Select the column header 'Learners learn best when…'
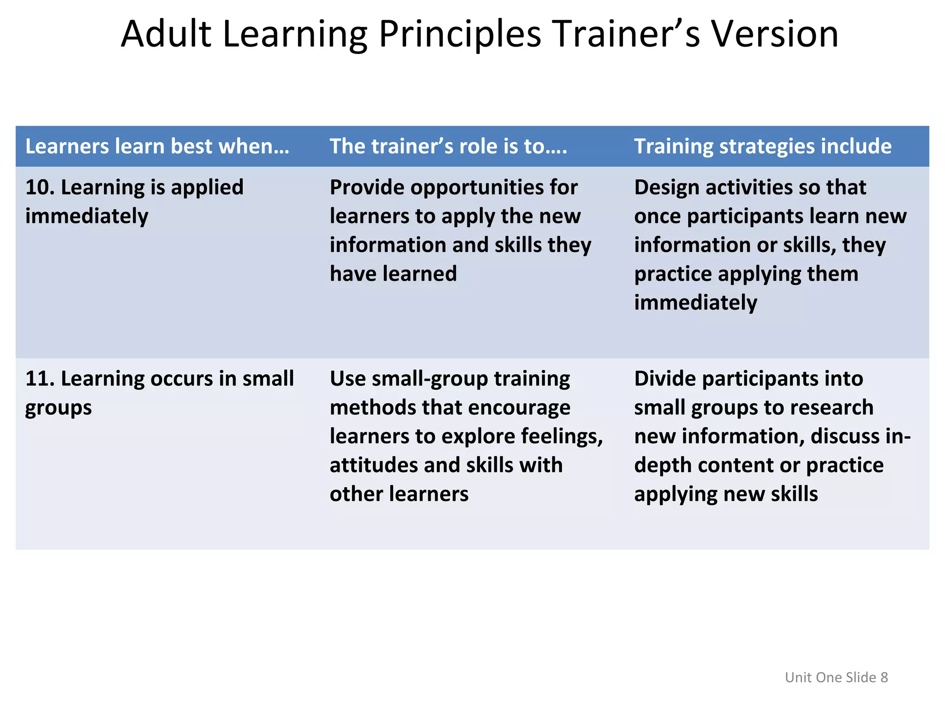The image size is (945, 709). point(157,146)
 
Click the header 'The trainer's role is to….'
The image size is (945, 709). point(448,146)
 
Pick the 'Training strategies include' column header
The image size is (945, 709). point(763,146)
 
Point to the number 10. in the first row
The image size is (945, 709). point(40,187)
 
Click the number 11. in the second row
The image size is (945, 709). point(40,379)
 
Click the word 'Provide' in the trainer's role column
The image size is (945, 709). point(366,187)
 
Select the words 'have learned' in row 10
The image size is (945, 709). point(393,274)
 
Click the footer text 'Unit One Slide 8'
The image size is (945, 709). point(836,677)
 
